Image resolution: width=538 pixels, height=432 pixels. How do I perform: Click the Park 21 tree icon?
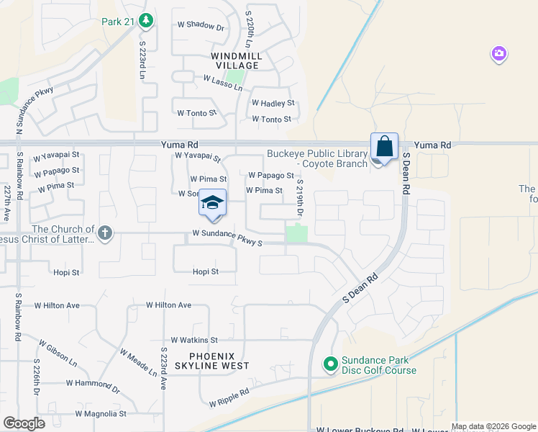click(x=147, y=20)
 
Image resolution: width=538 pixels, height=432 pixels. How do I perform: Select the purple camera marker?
click(x=499, y=54)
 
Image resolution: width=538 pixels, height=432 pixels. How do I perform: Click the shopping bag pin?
click(x=385, y=147)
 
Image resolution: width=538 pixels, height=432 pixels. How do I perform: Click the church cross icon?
click(x=105, y=233)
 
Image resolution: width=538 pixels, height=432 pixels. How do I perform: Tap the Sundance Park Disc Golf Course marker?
click(x=331, y=365)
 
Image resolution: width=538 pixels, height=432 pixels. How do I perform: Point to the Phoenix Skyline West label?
click(x=219, y=361)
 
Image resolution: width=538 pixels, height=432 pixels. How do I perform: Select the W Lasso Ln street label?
click(x=223, y=83)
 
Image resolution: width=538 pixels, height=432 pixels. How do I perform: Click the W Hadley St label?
click(x=273, y=104)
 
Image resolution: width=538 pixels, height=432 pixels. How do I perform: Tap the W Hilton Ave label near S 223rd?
click(x=168, y=305)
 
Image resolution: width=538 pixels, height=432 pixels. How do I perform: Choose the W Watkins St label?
click(x=194, y=340)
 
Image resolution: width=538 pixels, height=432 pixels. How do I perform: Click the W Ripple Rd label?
click(x=229, y=397)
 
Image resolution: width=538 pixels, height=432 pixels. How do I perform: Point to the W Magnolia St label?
click(x=102, y=414)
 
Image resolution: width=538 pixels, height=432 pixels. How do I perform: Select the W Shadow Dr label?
click(x=201, y=26)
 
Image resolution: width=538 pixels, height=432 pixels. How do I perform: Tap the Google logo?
click(x=24, y=423)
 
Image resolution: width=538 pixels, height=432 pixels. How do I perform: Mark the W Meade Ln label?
click(x=138, y=363)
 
